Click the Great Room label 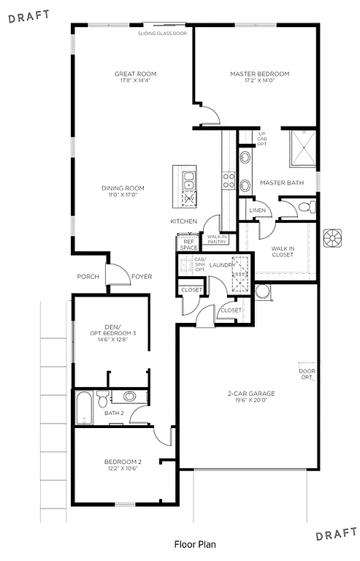click(135, 74)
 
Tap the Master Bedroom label click(259, 74)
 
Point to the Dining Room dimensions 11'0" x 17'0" click(123, 195)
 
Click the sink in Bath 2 click(129, 397)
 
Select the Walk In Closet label click(282, 252)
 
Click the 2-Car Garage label click(250, 393)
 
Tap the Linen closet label click(257, 210)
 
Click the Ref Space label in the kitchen click(188, 244)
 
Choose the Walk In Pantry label click(217, 239)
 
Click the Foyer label click(141, 277)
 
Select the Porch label click(88, 277)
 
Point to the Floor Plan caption click(194, 544)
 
